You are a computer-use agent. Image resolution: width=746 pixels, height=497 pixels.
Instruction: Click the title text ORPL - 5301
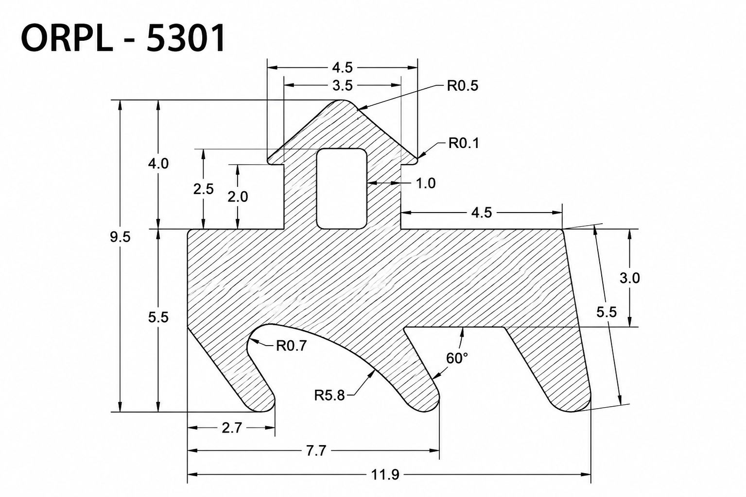click(123, 38)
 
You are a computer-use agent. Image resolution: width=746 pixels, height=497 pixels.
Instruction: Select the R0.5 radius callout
click(462, 86)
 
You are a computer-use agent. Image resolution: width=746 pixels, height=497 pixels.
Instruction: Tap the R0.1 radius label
click(464, 143)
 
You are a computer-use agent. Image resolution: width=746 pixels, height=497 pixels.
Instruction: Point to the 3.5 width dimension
click(342, 86)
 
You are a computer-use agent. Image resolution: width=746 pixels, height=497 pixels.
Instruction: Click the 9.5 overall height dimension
click(120, 237)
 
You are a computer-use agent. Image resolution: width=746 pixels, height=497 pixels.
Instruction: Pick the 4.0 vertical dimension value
click(158, 164)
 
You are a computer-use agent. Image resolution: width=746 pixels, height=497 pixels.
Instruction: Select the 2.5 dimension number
click(204, 189)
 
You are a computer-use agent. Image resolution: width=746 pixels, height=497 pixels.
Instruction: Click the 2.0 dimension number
click(238, 197)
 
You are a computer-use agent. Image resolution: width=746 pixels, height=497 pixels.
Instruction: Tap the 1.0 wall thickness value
click(426, 183)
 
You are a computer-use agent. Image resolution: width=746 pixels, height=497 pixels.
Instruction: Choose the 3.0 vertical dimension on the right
click(630, 278)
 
